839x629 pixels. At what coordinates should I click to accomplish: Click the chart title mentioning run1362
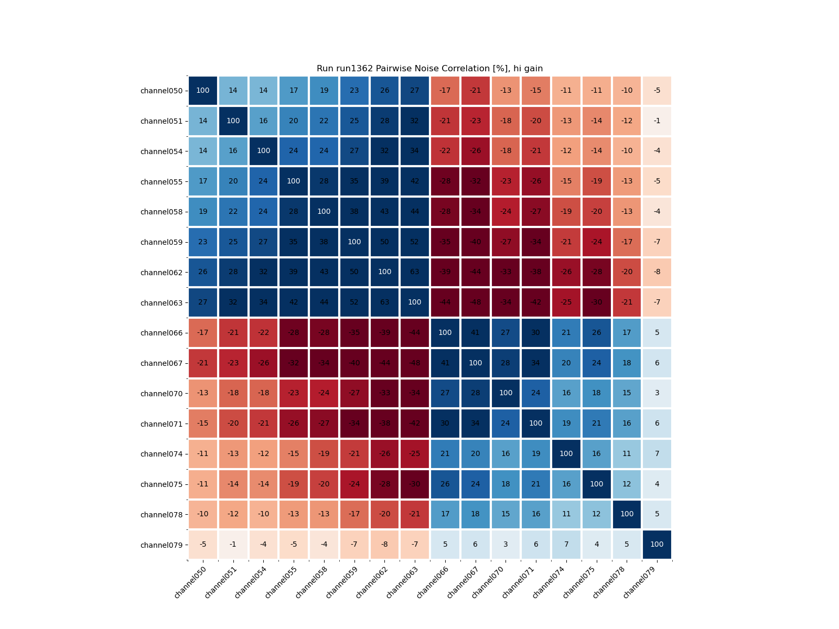click(429, 69)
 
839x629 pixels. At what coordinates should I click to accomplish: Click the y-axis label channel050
click(162, 91)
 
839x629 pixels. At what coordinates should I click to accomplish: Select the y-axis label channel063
click(162, 303)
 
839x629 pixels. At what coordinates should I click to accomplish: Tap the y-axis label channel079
click(162, 545)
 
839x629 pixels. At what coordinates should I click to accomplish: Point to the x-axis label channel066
click(432, 582)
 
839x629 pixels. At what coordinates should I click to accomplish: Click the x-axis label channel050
click(190, 582)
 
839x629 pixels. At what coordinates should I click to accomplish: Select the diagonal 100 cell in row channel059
click(354, 242)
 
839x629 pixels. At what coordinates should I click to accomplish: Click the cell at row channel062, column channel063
click(415, 273)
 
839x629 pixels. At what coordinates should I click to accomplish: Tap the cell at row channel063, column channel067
click(475, 302)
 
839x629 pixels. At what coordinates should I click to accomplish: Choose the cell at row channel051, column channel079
click(657, 121)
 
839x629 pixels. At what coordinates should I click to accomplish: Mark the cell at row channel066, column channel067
click(475, 333)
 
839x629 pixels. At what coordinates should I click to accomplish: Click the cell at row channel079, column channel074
click(566, 545)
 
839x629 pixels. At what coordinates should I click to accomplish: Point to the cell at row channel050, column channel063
click(415, 91)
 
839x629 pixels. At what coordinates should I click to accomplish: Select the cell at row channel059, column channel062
click(384, 242)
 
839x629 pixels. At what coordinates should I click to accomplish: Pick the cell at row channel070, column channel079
click(657, 394)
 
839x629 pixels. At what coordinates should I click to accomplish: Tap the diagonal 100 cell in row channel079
click(657, 545)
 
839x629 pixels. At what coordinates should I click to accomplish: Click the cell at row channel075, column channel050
click(203, 484)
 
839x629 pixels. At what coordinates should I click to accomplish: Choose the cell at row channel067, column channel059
click(354, 363)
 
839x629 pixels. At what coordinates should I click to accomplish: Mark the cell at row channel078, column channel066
click(445, 514)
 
